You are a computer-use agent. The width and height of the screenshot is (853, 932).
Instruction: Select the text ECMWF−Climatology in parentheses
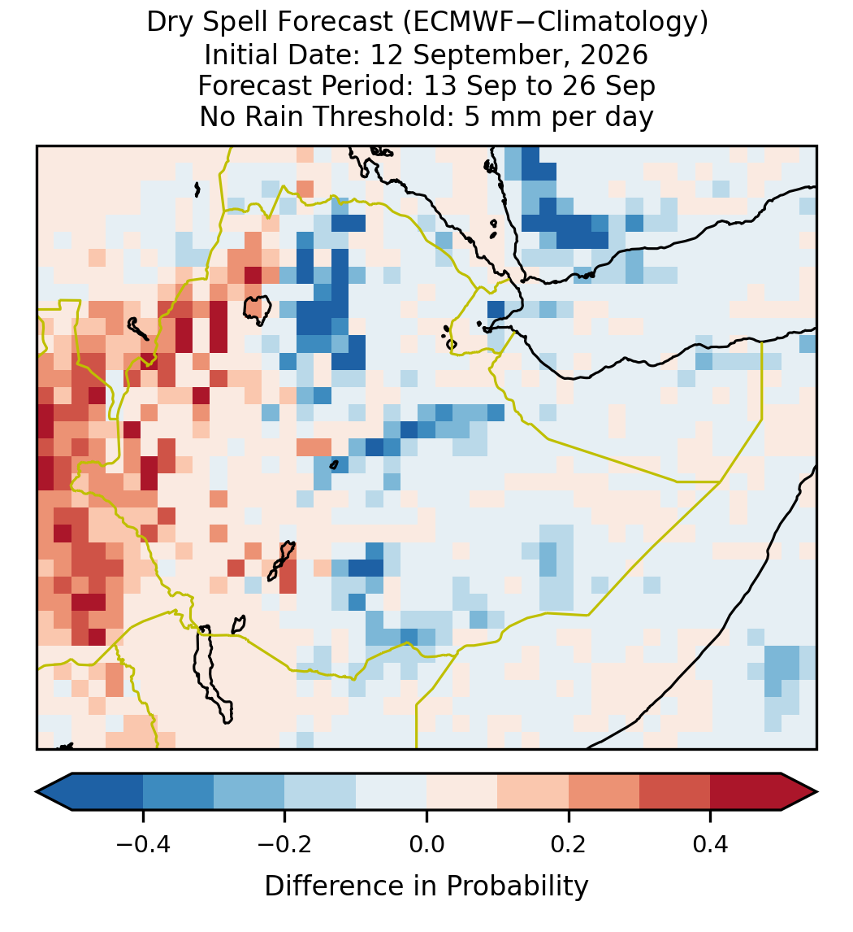(x=555, y=24)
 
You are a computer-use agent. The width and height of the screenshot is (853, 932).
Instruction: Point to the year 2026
(x=614, y=54)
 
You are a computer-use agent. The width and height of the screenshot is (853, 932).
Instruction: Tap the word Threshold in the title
(x=383, y=116)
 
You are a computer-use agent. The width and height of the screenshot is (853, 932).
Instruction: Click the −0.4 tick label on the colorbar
(x=142, y=844)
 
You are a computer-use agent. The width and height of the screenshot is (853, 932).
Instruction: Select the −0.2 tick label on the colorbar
(x=284, y=844)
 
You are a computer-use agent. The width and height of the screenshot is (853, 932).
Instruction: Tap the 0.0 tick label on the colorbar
(x=426, y=844)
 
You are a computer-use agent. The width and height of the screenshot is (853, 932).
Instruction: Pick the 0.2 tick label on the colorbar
(x=569, y=844)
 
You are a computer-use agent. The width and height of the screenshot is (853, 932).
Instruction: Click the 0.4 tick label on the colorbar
(x=711, y=844)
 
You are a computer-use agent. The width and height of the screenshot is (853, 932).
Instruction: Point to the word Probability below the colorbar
(x=517, y=886)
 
